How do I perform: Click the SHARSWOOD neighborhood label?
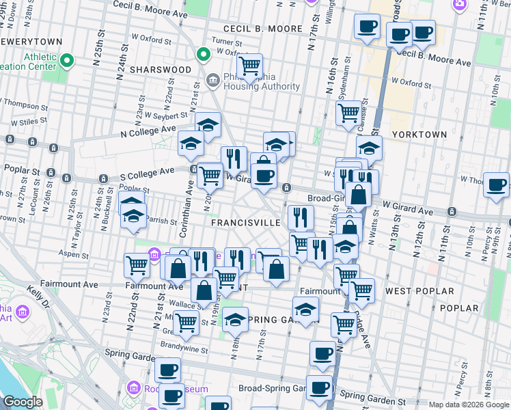pos(161,70)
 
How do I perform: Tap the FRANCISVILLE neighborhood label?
pos(245,223)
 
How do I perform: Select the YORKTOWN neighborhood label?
pos(419,135)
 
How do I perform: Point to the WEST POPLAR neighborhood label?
pos(419,291)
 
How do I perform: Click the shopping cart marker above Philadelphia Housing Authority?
pos(249,66)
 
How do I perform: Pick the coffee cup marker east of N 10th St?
pos(496,184)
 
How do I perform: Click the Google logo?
pos(22,402)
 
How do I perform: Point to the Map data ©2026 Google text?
pos(469,405)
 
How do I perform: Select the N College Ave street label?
pos(148,131)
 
